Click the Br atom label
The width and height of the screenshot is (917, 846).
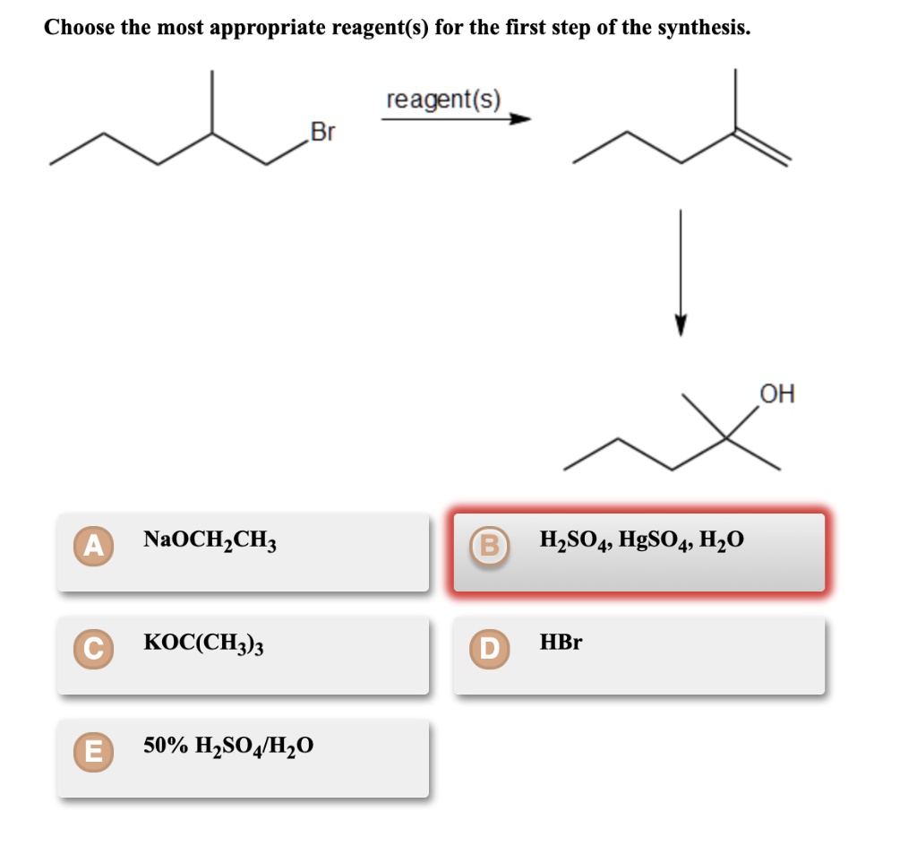coord(321,134)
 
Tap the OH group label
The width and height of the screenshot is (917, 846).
coord(776,394)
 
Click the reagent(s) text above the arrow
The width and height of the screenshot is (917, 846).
coord(443,99)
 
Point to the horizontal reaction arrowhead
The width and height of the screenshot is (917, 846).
coord(520,119)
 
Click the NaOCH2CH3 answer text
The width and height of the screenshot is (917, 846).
coord(210,540)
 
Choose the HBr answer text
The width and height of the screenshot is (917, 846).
coord(561,643)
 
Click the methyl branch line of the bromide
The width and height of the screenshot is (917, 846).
coord(212,102)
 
